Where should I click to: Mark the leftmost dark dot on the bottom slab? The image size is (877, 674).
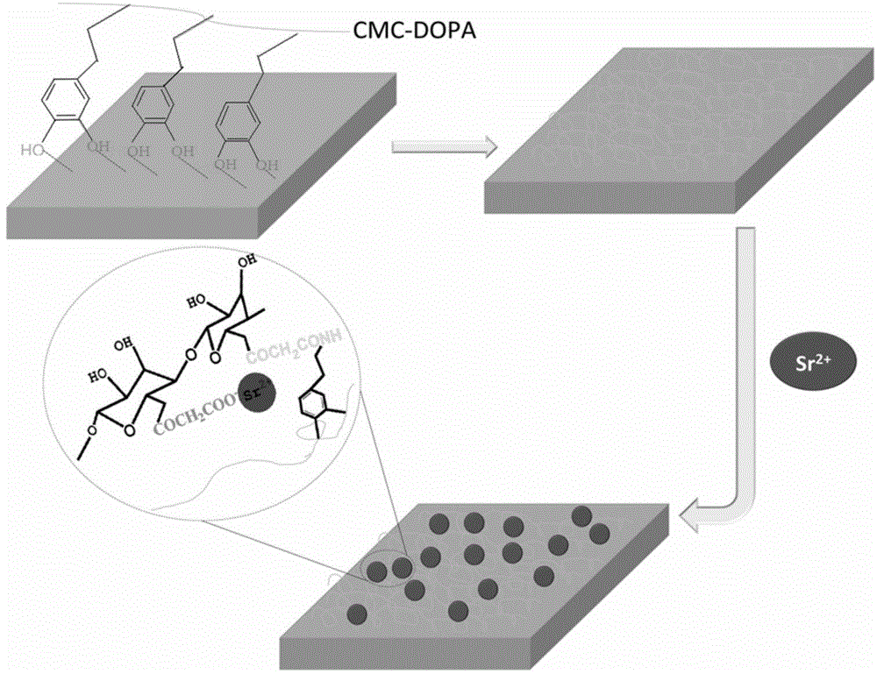[x=357, y=611]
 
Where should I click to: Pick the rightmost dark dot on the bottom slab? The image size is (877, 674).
[x=600, y=534]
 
